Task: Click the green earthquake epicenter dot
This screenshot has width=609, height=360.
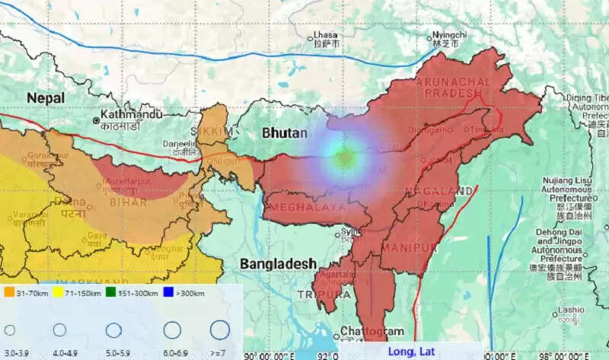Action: [x=346, y=158]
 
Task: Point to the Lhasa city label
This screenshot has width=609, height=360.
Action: [x=327, y=36]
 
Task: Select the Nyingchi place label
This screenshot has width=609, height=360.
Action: [x=448, y=35]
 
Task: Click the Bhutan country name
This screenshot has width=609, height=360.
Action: [x=285, y=132]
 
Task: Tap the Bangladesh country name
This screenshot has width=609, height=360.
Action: [x=278, y=263]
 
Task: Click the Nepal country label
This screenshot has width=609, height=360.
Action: [x=46, y=97]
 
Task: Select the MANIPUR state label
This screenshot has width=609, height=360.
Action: [x=410, y=248]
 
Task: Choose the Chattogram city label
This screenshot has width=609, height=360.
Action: [x=371, y=332]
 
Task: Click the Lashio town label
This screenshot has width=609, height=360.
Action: [x=569, y=310]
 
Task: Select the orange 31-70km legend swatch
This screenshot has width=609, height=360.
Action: [x=8, y=292]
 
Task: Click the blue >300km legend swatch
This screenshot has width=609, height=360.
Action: [x=169, y=292]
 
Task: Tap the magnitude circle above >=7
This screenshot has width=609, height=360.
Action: [x=219, y=330]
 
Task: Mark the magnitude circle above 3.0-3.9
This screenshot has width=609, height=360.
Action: [x=10, y=330]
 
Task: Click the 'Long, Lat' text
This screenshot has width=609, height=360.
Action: [x=411, y=351]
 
